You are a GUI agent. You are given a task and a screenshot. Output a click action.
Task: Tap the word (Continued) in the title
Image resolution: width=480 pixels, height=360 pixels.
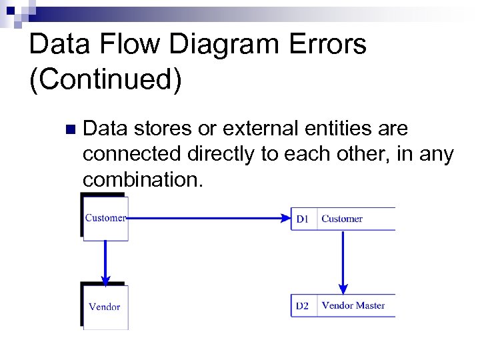pyautogui.click(x=105, y=79)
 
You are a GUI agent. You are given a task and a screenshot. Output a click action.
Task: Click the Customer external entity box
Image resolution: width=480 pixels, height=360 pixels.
pyautogui.click(x=105, y=218)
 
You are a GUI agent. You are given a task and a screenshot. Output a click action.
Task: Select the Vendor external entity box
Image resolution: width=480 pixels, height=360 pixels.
pyautogui.click(x=105, y=307)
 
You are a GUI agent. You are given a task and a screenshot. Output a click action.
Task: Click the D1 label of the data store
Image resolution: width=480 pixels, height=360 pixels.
pyautogui.click(x=303, y=219)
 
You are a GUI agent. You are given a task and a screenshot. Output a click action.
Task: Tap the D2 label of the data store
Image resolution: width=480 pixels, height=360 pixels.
pyautogui.click(x=303, y=306)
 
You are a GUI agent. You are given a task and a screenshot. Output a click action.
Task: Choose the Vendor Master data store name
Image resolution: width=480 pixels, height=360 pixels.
pyautogui.click(x=353, y=305)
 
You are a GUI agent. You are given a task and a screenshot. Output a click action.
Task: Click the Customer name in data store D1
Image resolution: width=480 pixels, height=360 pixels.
pyautogui.click(x=342, y=219)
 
